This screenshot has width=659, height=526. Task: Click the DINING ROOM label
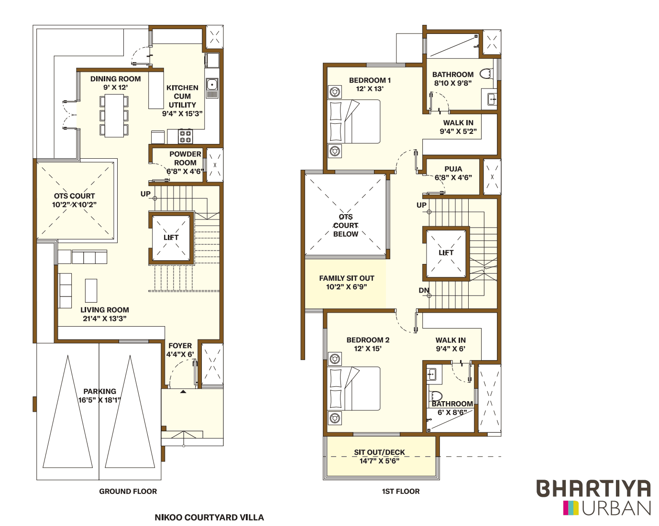pyautogui.click(x=116, y=79)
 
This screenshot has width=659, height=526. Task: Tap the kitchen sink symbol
pyautogui.click(x=212, y=85)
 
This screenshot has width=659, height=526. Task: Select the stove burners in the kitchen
pyautogui.click(x=185, y=136)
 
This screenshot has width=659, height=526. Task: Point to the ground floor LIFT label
pyautogui.click(x=171, y=238)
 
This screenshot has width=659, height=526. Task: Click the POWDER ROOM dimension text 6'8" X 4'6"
pyautogui.click(x=185, y=171)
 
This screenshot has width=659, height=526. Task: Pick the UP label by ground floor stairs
pyautogui.click(x=145, y=194)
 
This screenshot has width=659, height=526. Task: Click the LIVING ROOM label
pyautogui.click(x=105, y=310)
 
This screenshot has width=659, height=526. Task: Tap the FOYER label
pyautogui.click(x=180, y=346)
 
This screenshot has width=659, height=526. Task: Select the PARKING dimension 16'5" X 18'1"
pyautogui.click(x=99, y=400)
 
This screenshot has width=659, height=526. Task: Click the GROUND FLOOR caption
pyautogui.click(x=128, y=491)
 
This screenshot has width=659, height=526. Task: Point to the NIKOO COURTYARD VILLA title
pyautogui.click(x=209, y=517)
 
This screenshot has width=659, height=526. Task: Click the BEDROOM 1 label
pyautogui.click(x=370, y=80)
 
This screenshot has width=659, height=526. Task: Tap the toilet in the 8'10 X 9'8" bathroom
pyautogui.click(x=486, y=74)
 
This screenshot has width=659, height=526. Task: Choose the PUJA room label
pyautogui.click(x=453, y=169)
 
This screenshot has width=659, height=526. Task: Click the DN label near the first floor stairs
pyautogui.click(x=424, y=290)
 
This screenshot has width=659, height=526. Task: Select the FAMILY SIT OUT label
pyautogui.click(x=347, y=278)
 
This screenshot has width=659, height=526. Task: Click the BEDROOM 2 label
pyautogui.click(x=368, y=340)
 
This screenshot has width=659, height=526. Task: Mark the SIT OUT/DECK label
pyautogui.click(x=379, y=452)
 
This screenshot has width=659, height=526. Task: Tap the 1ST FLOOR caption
pyautogui.click(x=401, y=491)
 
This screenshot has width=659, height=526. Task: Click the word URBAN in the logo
pyautogui.click(x=616, y=508)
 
